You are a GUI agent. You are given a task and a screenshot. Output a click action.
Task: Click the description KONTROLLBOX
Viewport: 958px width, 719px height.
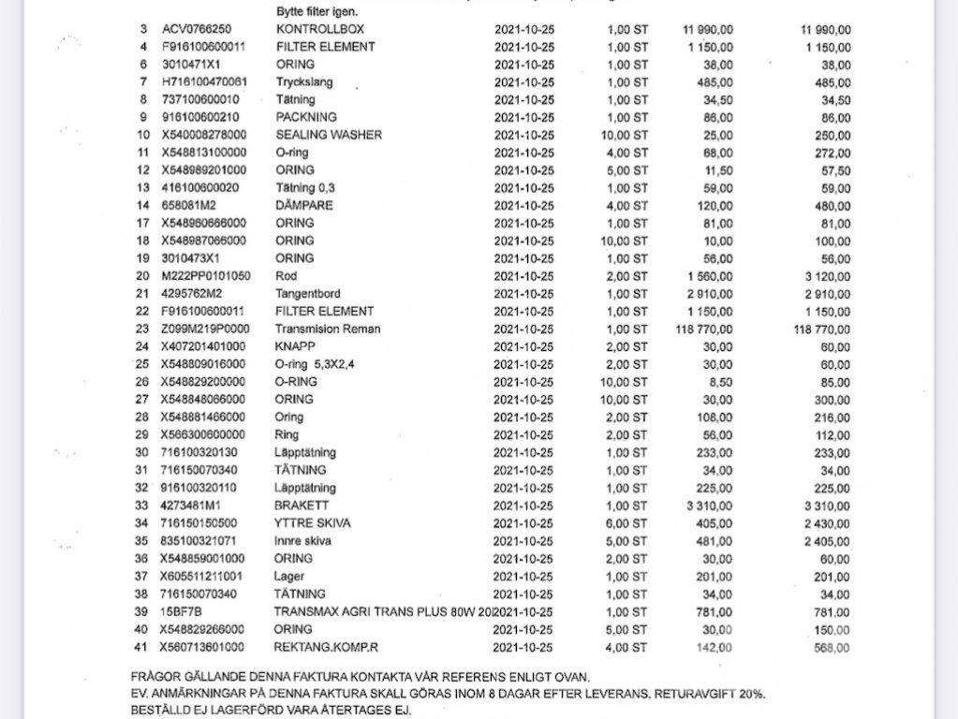[320, 29]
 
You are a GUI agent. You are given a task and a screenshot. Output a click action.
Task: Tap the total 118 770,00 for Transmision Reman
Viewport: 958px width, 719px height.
[821, 329]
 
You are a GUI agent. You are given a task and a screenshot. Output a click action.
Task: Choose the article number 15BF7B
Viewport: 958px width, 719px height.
[181, 611]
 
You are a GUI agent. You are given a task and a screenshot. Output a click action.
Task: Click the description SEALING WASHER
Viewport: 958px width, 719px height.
[329, 135]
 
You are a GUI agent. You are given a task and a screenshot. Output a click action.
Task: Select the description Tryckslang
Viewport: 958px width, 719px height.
[304, 82]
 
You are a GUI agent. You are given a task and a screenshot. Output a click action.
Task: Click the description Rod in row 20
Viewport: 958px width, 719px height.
[286, 276]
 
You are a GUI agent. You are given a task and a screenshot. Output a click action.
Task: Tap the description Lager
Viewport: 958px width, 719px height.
[289, 576]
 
